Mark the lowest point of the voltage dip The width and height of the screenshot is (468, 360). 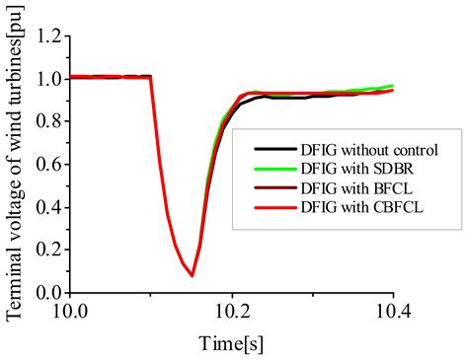pos(192,275)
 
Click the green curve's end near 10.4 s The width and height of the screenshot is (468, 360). pos(392,86)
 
